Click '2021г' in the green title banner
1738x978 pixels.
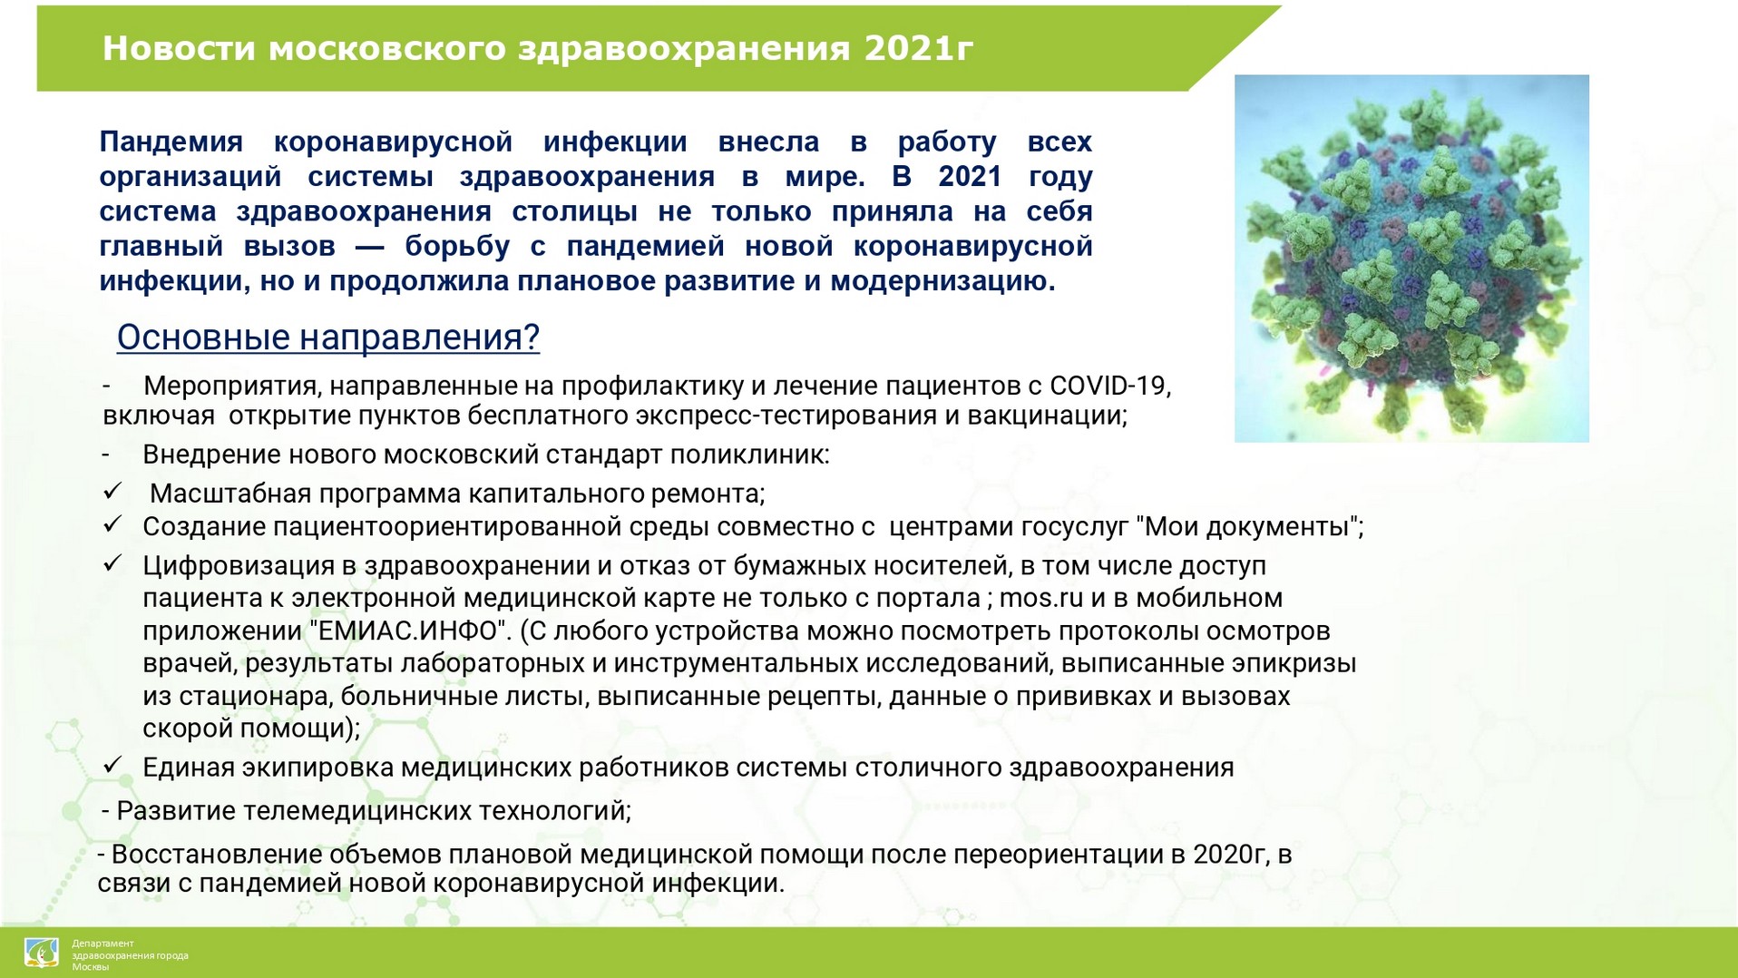pos(918,48)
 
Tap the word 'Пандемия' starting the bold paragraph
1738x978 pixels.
pos(171,142)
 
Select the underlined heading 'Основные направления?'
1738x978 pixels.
pos(328,337)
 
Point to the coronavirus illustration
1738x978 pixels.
pos(1411,259)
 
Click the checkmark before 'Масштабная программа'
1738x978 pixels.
pos(112,492)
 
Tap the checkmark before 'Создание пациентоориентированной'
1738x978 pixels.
pos(112,524)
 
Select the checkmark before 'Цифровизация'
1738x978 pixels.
pos(112,563)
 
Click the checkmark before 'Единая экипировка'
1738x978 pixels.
pos(112,766)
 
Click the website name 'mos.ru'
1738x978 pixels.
pos(1041,599)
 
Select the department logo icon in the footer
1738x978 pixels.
pos(42,953)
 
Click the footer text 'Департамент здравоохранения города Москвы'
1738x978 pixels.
pos(131,955)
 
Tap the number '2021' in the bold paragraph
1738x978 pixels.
pos(970,177)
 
